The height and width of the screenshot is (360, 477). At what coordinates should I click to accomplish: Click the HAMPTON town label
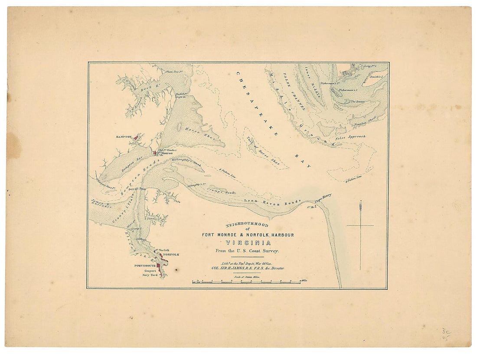coord(123,136)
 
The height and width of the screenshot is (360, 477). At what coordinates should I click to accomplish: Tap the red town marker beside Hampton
coord(136,137)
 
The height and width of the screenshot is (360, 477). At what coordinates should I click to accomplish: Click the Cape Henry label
coord(323,198)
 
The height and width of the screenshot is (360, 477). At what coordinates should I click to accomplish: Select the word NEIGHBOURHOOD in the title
coord(247,225)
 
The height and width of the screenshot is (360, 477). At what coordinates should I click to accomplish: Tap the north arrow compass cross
coord(360,225)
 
